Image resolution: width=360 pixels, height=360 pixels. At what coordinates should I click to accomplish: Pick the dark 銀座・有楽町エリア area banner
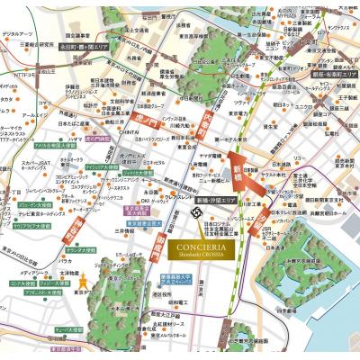click(330, 76)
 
